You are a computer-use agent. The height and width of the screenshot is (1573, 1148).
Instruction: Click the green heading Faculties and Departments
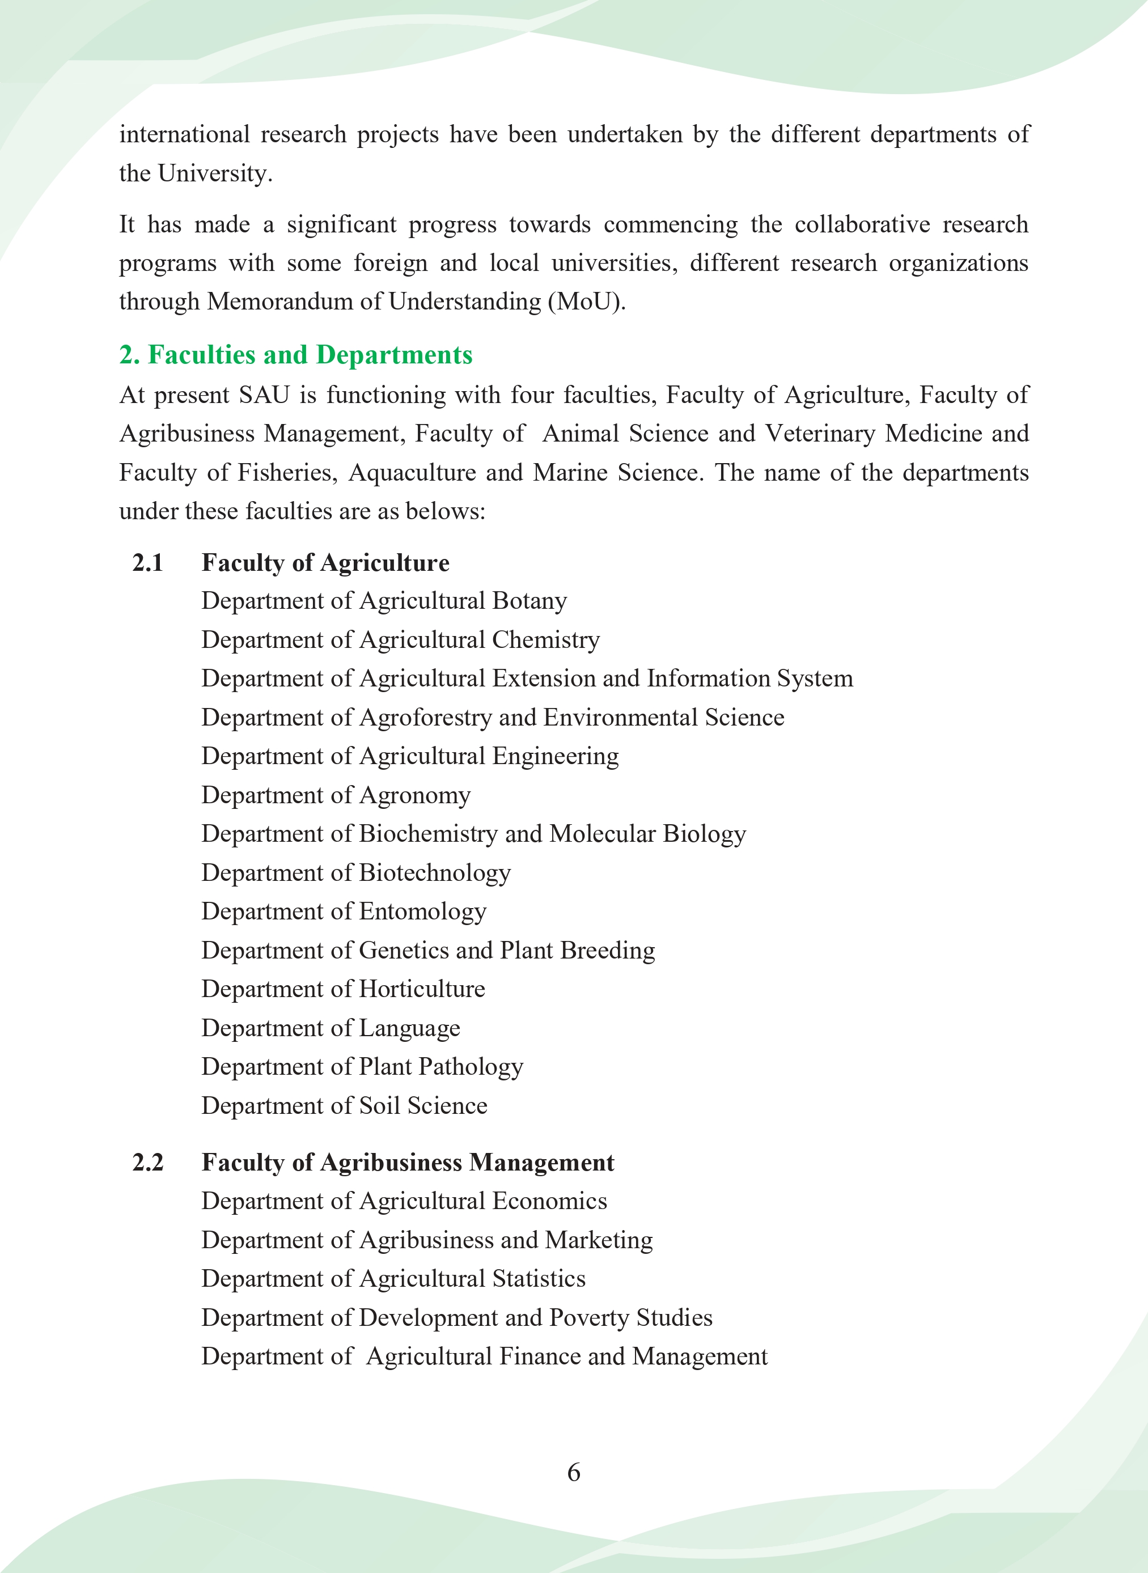click(x=296, y=355)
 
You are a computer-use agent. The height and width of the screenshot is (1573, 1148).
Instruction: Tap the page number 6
click(x=573, y=1472)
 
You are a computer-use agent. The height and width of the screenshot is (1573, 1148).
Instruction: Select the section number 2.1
click(x=147, y=562)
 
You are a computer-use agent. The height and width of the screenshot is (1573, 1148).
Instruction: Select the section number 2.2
click(x=147, y=1163)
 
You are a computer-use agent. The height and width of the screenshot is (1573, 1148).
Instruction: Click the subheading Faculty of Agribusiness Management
click(x=408, y=1163)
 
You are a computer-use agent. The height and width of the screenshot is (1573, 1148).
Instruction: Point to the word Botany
click(x=529, y=601)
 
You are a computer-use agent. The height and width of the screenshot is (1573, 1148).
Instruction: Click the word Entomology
click(x=422, y=911)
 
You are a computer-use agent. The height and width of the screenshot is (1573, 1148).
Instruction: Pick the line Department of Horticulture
click(x=344, y=989)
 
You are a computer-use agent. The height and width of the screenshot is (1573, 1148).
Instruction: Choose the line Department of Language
click(x=331, y=1028)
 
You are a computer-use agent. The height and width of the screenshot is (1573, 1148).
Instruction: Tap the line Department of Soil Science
click(x=345, y=1105)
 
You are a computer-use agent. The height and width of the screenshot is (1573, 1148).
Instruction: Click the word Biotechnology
click(x=434, y=872)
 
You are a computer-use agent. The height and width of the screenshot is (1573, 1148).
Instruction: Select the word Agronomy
click(x=415, y=795)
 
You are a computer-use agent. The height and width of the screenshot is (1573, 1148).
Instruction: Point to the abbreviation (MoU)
click(x=587, y=302)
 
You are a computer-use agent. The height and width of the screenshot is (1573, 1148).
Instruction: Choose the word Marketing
click(x=599, y=1240)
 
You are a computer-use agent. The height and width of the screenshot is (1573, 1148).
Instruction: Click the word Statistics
click(x=539, y=1278)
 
